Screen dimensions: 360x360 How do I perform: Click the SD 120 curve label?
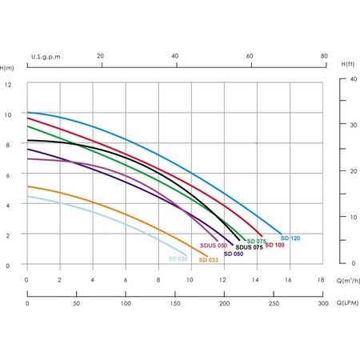coord(290,238)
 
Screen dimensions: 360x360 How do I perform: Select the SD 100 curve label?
coord(274,245)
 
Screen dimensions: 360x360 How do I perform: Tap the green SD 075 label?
coord(256,242)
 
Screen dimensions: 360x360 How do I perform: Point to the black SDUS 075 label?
coord(249,247)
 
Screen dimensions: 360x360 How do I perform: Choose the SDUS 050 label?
coord(214,246)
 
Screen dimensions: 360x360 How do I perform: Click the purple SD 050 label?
coord(234,254)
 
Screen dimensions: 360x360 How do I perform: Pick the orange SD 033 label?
coord(208,260)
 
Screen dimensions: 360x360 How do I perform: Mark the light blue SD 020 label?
coord(178,258)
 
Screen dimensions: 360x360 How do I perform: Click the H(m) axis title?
coord(6,68)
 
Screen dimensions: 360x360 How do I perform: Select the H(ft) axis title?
coord(348,64)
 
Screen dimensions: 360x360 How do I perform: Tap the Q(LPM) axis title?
coord(347,303)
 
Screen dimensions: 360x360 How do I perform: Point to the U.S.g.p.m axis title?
coord(46,57)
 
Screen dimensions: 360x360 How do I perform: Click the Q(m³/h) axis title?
coord(348,280)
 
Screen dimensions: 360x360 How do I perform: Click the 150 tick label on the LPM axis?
coord(175,303)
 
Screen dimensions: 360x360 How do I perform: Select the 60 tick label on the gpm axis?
coord(250,56)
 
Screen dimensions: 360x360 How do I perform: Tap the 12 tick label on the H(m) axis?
coord(8,85)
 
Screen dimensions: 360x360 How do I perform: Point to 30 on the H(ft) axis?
coord(354,125)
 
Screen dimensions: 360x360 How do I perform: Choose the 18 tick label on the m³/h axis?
coord(321,280)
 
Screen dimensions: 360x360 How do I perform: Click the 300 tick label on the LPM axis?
coord(323,303)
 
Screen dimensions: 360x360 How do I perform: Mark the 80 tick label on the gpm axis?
coord(324,56)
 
